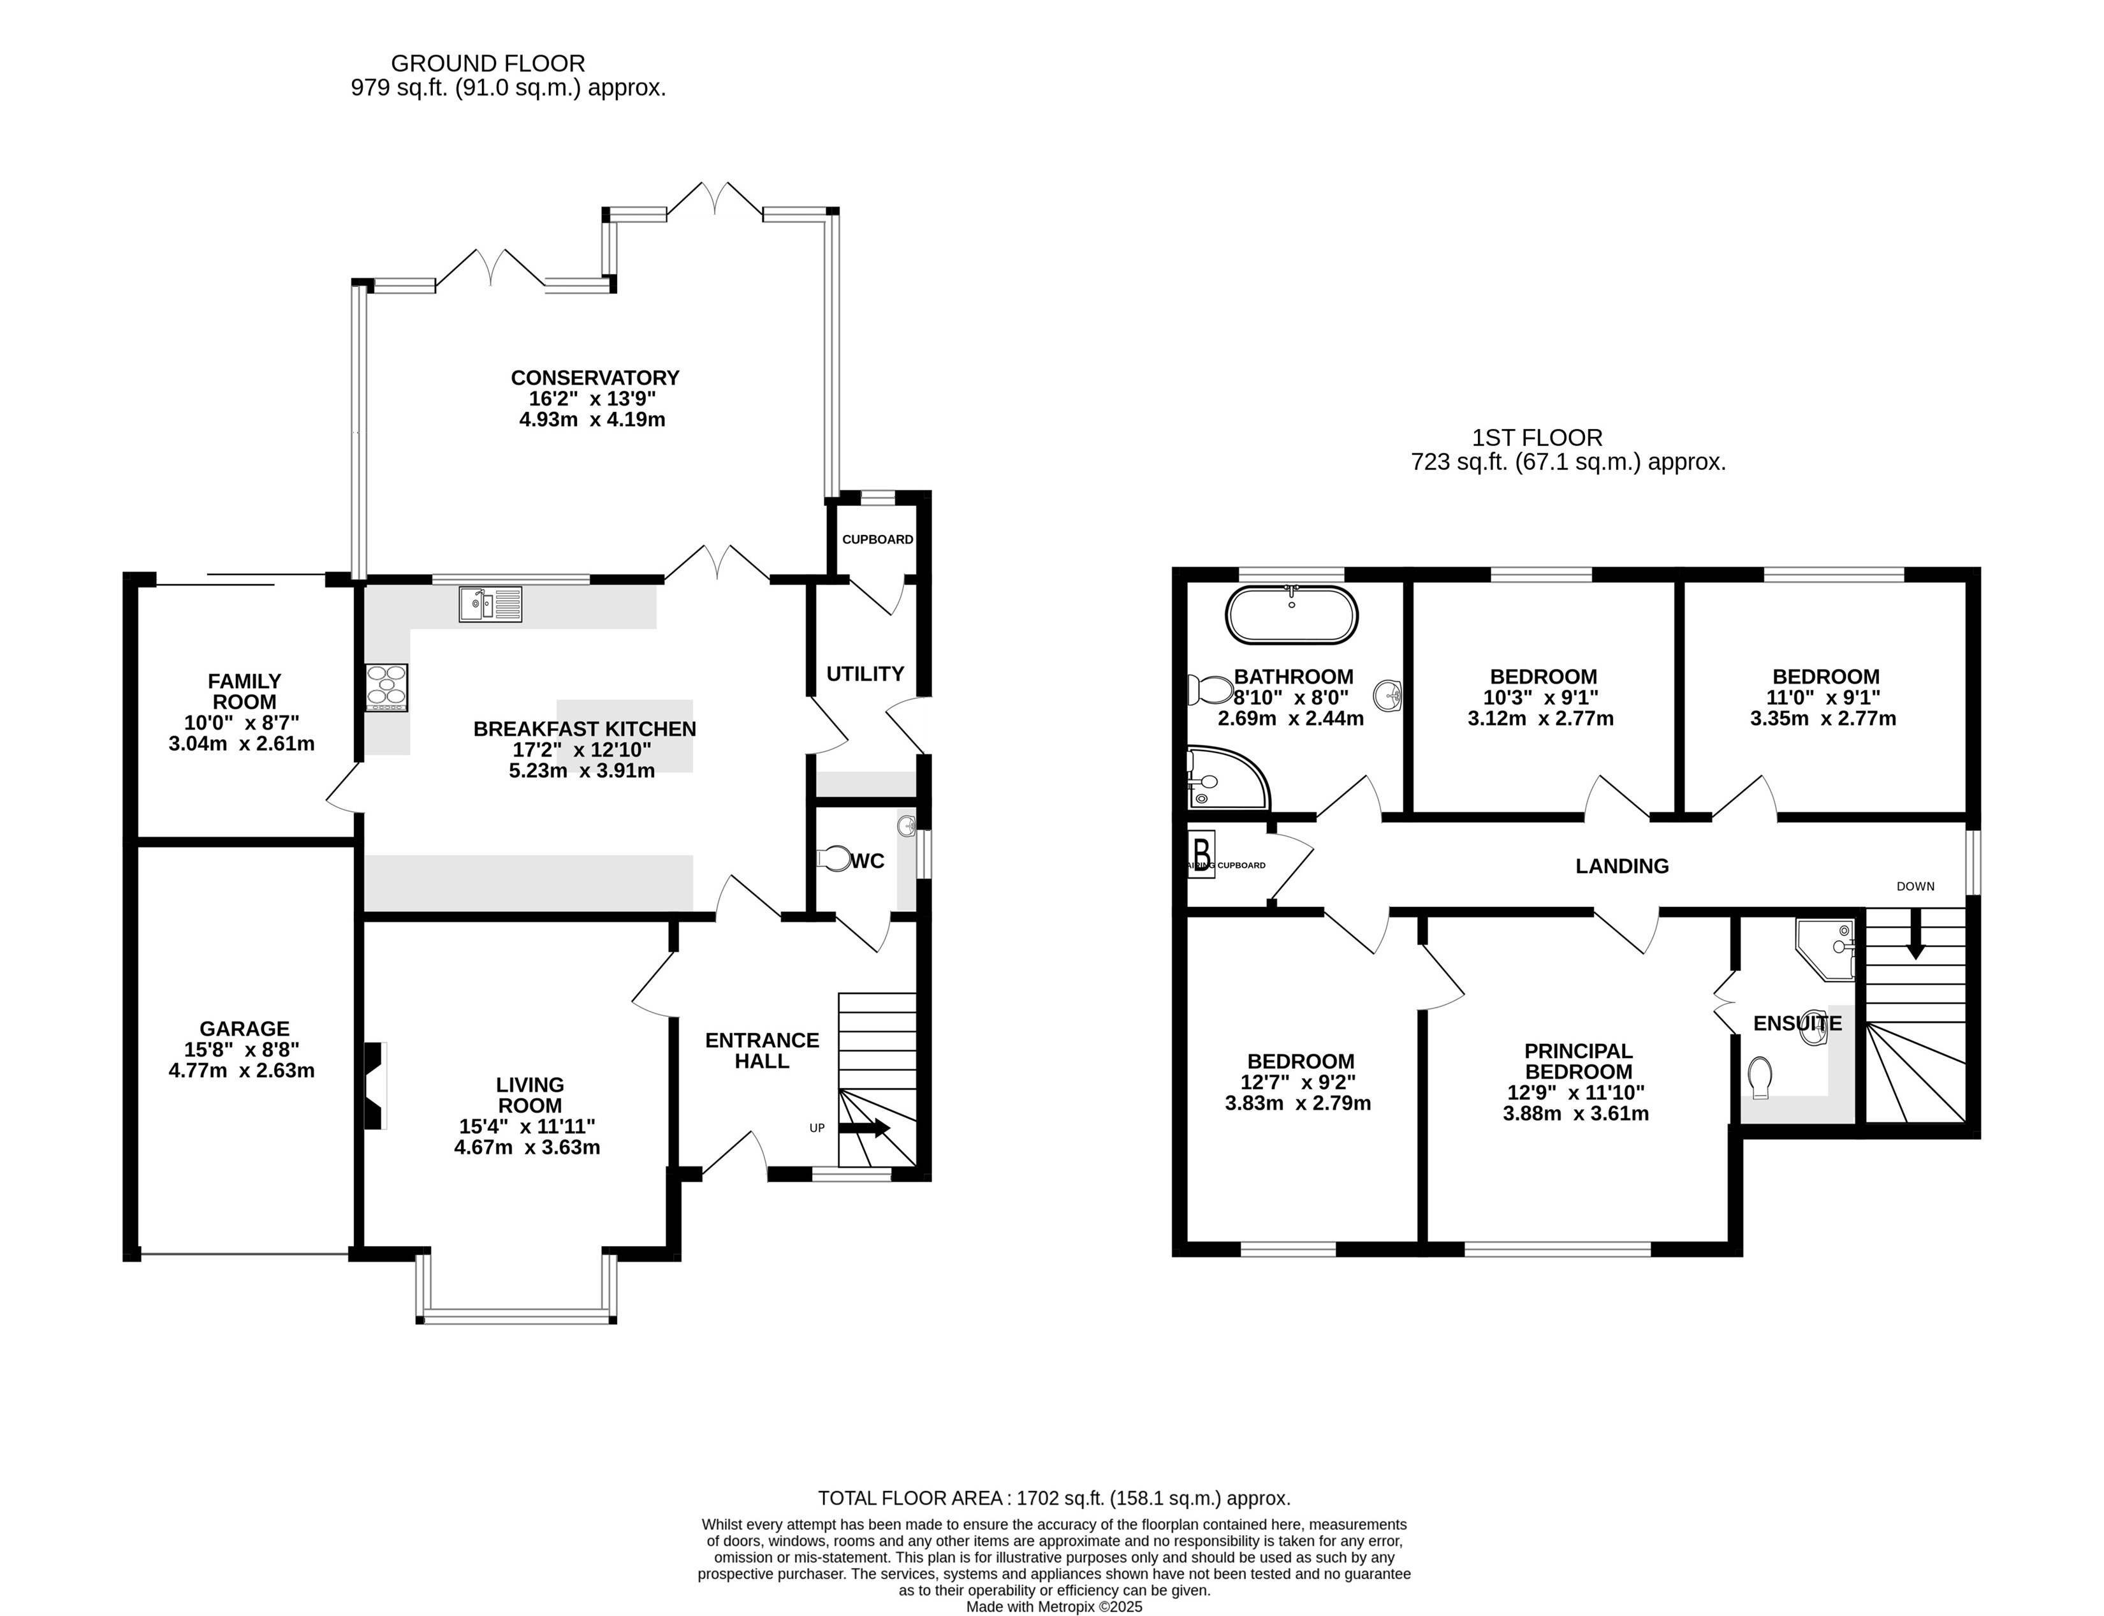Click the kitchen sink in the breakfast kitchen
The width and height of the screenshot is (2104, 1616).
point(490,604)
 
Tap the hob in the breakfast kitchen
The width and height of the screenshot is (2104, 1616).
point(386,687)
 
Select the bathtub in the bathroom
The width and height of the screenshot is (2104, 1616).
point(1292,615)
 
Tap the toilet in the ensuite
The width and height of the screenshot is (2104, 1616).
point(1761,1077)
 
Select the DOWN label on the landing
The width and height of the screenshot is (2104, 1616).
point(1915,886)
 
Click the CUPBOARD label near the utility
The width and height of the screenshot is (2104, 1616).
point(878,540)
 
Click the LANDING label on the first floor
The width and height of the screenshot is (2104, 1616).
point(1622,866)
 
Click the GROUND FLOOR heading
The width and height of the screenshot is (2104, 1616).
point(488,64)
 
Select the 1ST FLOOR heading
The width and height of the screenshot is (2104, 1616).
point(1538,437)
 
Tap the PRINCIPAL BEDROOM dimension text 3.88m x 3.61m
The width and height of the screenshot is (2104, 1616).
point(1576,1114)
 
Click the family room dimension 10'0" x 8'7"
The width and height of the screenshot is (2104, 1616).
point(242,723)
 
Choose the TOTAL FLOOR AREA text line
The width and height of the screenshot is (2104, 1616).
point(1054,1497)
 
